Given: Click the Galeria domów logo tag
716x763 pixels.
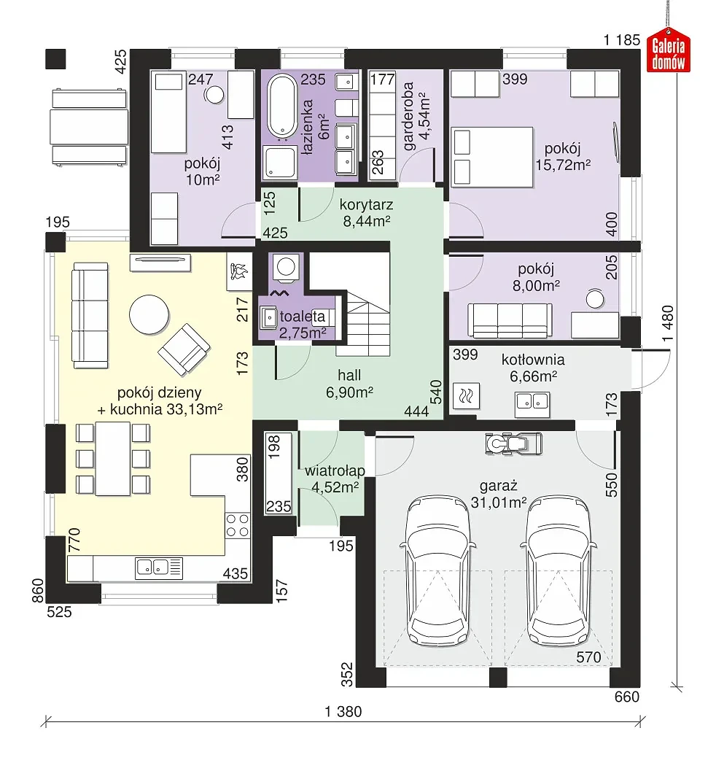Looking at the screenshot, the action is tap(669, 50).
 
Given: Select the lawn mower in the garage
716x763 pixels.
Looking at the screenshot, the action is tap(513, 444).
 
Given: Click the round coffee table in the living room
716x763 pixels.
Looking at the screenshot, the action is tap(149, 314).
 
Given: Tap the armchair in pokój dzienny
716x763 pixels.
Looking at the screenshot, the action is tap(184, 349).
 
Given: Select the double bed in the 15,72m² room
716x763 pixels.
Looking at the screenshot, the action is tap(492, 157).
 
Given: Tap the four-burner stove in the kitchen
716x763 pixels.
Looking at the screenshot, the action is tap(238, 524).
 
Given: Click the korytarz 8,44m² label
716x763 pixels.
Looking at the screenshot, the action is tap(366, 213).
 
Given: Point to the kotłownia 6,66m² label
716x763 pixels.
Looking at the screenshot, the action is tap(533, 368).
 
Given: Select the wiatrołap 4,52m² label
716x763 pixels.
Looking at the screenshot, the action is tap(335, 479).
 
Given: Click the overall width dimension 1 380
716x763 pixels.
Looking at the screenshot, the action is tap(343, 711).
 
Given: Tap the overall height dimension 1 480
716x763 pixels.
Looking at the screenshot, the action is tap(669, 324).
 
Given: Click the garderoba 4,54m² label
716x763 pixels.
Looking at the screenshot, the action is tap(416, 116).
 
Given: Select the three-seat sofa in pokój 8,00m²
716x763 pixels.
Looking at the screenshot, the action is tap(510, 320).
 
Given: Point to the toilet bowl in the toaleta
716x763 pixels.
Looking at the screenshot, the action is tap(286, 268).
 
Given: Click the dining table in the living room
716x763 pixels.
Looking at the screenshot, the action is tap(113, 458).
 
